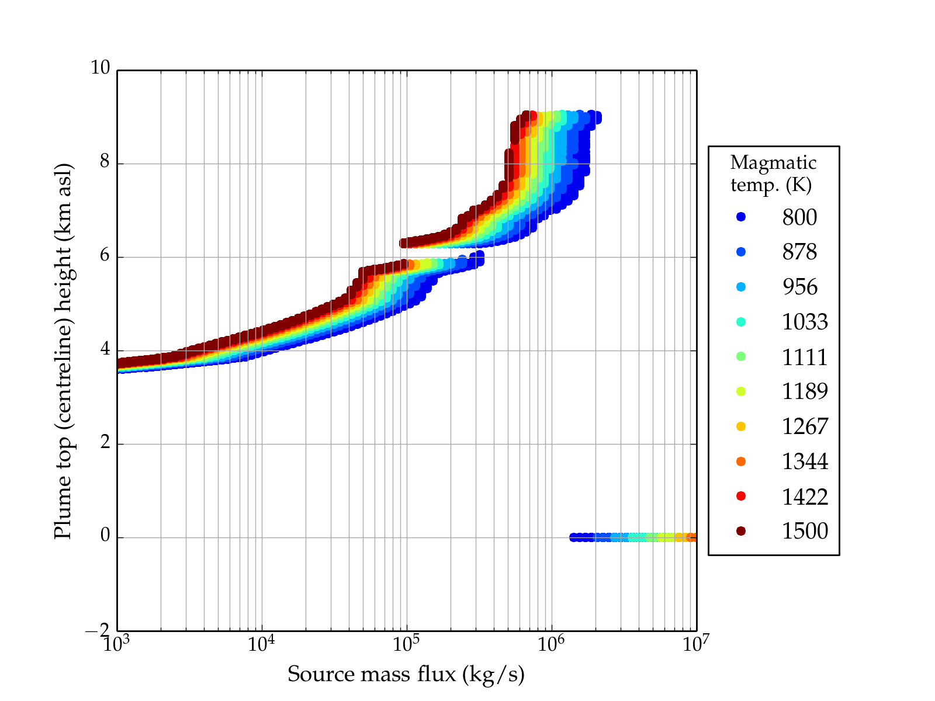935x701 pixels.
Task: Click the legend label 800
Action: coord(799,217)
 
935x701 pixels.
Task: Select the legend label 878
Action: coord(799,252)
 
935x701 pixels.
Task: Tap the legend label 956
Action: coord(799,287)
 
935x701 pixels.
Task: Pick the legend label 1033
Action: coord(805,322)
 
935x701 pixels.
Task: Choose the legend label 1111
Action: coord(805,357)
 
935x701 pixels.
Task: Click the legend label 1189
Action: coord(805,391)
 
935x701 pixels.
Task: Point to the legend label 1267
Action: coord(805,426)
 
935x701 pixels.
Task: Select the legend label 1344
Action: coord(805,461)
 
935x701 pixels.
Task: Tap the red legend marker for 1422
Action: coord(741,496)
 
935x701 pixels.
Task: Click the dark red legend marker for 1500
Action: coord(741,531)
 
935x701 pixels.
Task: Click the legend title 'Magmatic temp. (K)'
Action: coord(773,173)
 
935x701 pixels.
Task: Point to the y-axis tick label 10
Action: coord(100,68)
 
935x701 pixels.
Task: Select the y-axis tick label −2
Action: coord(98,631)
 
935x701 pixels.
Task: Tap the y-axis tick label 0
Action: coord(105,535)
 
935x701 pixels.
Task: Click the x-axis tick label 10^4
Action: coord(262,644)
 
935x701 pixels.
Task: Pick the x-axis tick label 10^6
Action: coord(551,644)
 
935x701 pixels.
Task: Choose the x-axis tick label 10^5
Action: coord(406,644)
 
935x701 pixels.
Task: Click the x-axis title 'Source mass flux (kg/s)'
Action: coord(406,675)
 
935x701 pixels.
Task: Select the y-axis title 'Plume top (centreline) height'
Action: coord(63,350)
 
